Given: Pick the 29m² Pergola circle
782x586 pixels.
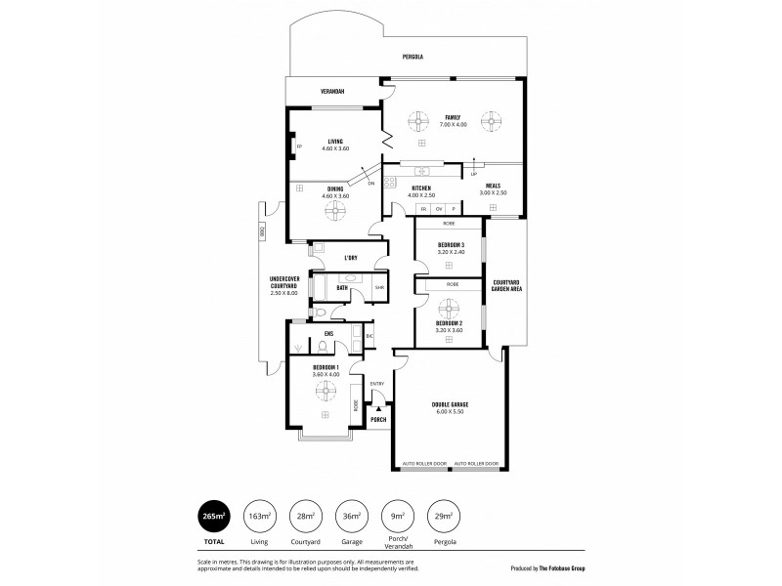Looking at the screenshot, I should pos(444,516).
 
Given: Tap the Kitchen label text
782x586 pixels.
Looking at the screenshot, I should pos(421,188).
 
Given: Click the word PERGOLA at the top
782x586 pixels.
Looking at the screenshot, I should pos(413,58).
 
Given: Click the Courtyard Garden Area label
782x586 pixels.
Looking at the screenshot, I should pos(505,284).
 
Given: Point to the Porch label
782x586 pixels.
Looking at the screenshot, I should pos(378,419).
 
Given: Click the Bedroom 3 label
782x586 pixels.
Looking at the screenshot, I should pos(450,244).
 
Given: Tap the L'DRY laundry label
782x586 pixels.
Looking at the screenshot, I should pos(351,258).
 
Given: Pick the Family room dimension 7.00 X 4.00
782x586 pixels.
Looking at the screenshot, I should pos(454,124).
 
